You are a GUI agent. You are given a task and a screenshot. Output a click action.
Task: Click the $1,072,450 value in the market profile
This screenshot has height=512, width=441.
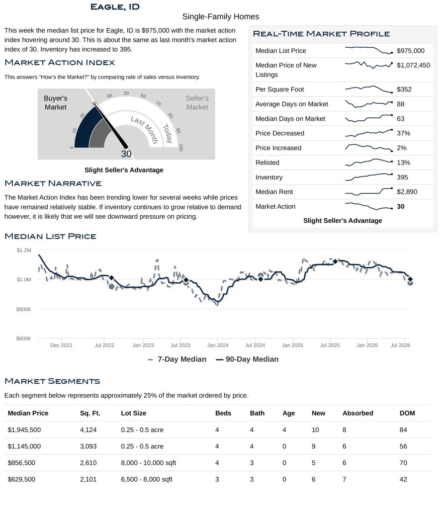tap(413, 65)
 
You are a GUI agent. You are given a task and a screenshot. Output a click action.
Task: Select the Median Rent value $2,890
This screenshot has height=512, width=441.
tap(407, 192)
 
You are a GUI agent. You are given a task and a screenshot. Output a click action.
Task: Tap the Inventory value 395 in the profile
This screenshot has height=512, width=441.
tap(402, 177)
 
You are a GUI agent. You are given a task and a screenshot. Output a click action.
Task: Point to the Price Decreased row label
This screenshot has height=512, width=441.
tap(279, 133)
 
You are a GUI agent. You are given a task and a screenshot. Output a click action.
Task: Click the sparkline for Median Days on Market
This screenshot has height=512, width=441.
tap(369, 118)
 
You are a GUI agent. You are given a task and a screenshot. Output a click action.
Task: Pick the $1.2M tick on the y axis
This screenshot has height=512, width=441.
tap(24, 251)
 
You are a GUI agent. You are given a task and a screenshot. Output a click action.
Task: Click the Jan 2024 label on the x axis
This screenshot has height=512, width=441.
tap(218, 345)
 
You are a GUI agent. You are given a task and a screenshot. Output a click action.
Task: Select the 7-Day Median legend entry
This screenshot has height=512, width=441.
tap(177, 359)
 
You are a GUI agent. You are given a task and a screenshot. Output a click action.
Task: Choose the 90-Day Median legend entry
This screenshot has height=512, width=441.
tap(247, 359)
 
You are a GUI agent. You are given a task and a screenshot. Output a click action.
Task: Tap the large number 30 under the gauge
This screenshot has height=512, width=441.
tap(126, 154)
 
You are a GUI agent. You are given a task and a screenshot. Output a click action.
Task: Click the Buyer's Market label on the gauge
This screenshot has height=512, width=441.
tap(56, 102)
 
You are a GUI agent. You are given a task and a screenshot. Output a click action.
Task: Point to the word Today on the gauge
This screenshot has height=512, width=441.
tap(168, 134)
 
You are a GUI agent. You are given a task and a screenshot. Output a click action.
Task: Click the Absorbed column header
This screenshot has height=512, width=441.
tap(357, 413)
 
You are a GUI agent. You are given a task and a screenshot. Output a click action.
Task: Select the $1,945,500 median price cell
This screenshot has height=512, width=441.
tap(24, 429)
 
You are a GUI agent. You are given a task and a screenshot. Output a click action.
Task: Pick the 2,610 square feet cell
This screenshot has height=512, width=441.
tap(88, 463)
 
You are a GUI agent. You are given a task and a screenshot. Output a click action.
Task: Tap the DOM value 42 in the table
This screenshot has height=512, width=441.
tap(403, 479)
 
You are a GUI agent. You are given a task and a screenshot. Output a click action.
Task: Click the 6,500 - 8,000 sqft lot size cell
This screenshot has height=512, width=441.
tap(147, 479)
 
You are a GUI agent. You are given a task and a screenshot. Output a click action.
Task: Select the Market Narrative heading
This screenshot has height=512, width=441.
tap(53, 183)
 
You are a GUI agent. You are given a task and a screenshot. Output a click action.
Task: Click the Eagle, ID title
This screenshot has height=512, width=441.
tap(115, 7)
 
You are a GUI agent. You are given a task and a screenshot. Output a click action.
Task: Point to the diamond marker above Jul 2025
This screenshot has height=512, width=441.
tap(335, 261)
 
